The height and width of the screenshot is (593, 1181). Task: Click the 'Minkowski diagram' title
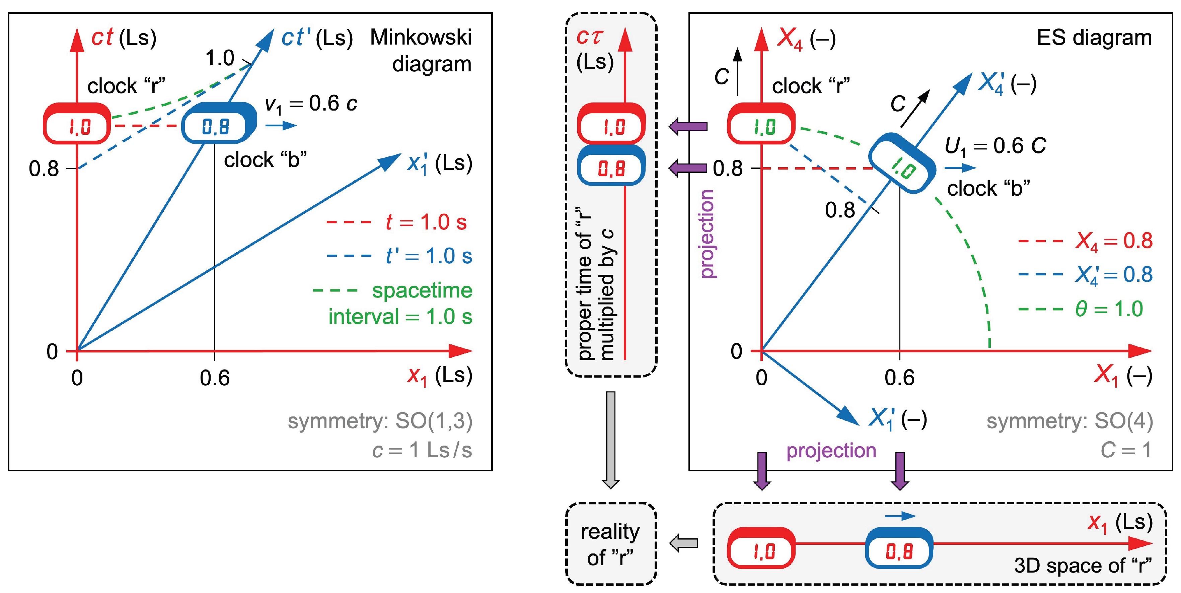click(x=421, y=51)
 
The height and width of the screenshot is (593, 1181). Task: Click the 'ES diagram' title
click(x=1094, y=38)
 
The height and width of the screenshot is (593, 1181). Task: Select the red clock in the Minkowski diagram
click(x=77, y=124)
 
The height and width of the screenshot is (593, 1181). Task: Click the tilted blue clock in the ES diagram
click(x=902, y=163)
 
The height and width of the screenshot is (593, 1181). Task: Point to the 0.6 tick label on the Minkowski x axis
click(x=215, y=378)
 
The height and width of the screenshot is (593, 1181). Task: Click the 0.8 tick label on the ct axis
click(x=44, y=169)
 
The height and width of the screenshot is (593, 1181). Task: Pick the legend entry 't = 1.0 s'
click(x=396, y=222)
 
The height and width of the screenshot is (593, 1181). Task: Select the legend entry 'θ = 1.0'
click(x=1081, y=309)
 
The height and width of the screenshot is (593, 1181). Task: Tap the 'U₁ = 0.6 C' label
click(x=995, y=147)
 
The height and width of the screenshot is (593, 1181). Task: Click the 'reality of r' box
click(x=611, y=544)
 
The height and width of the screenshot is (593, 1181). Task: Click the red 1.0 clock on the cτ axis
click(x=611, y=124)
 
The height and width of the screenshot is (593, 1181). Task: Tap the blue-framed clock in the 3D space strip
click(x=899, y=548)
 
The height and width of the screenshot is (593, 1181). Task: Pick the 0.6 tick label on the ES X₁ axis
click(x=899, y=378)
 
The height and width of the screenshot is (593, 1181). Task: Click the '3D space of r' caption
click(x=1083, y=566)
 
